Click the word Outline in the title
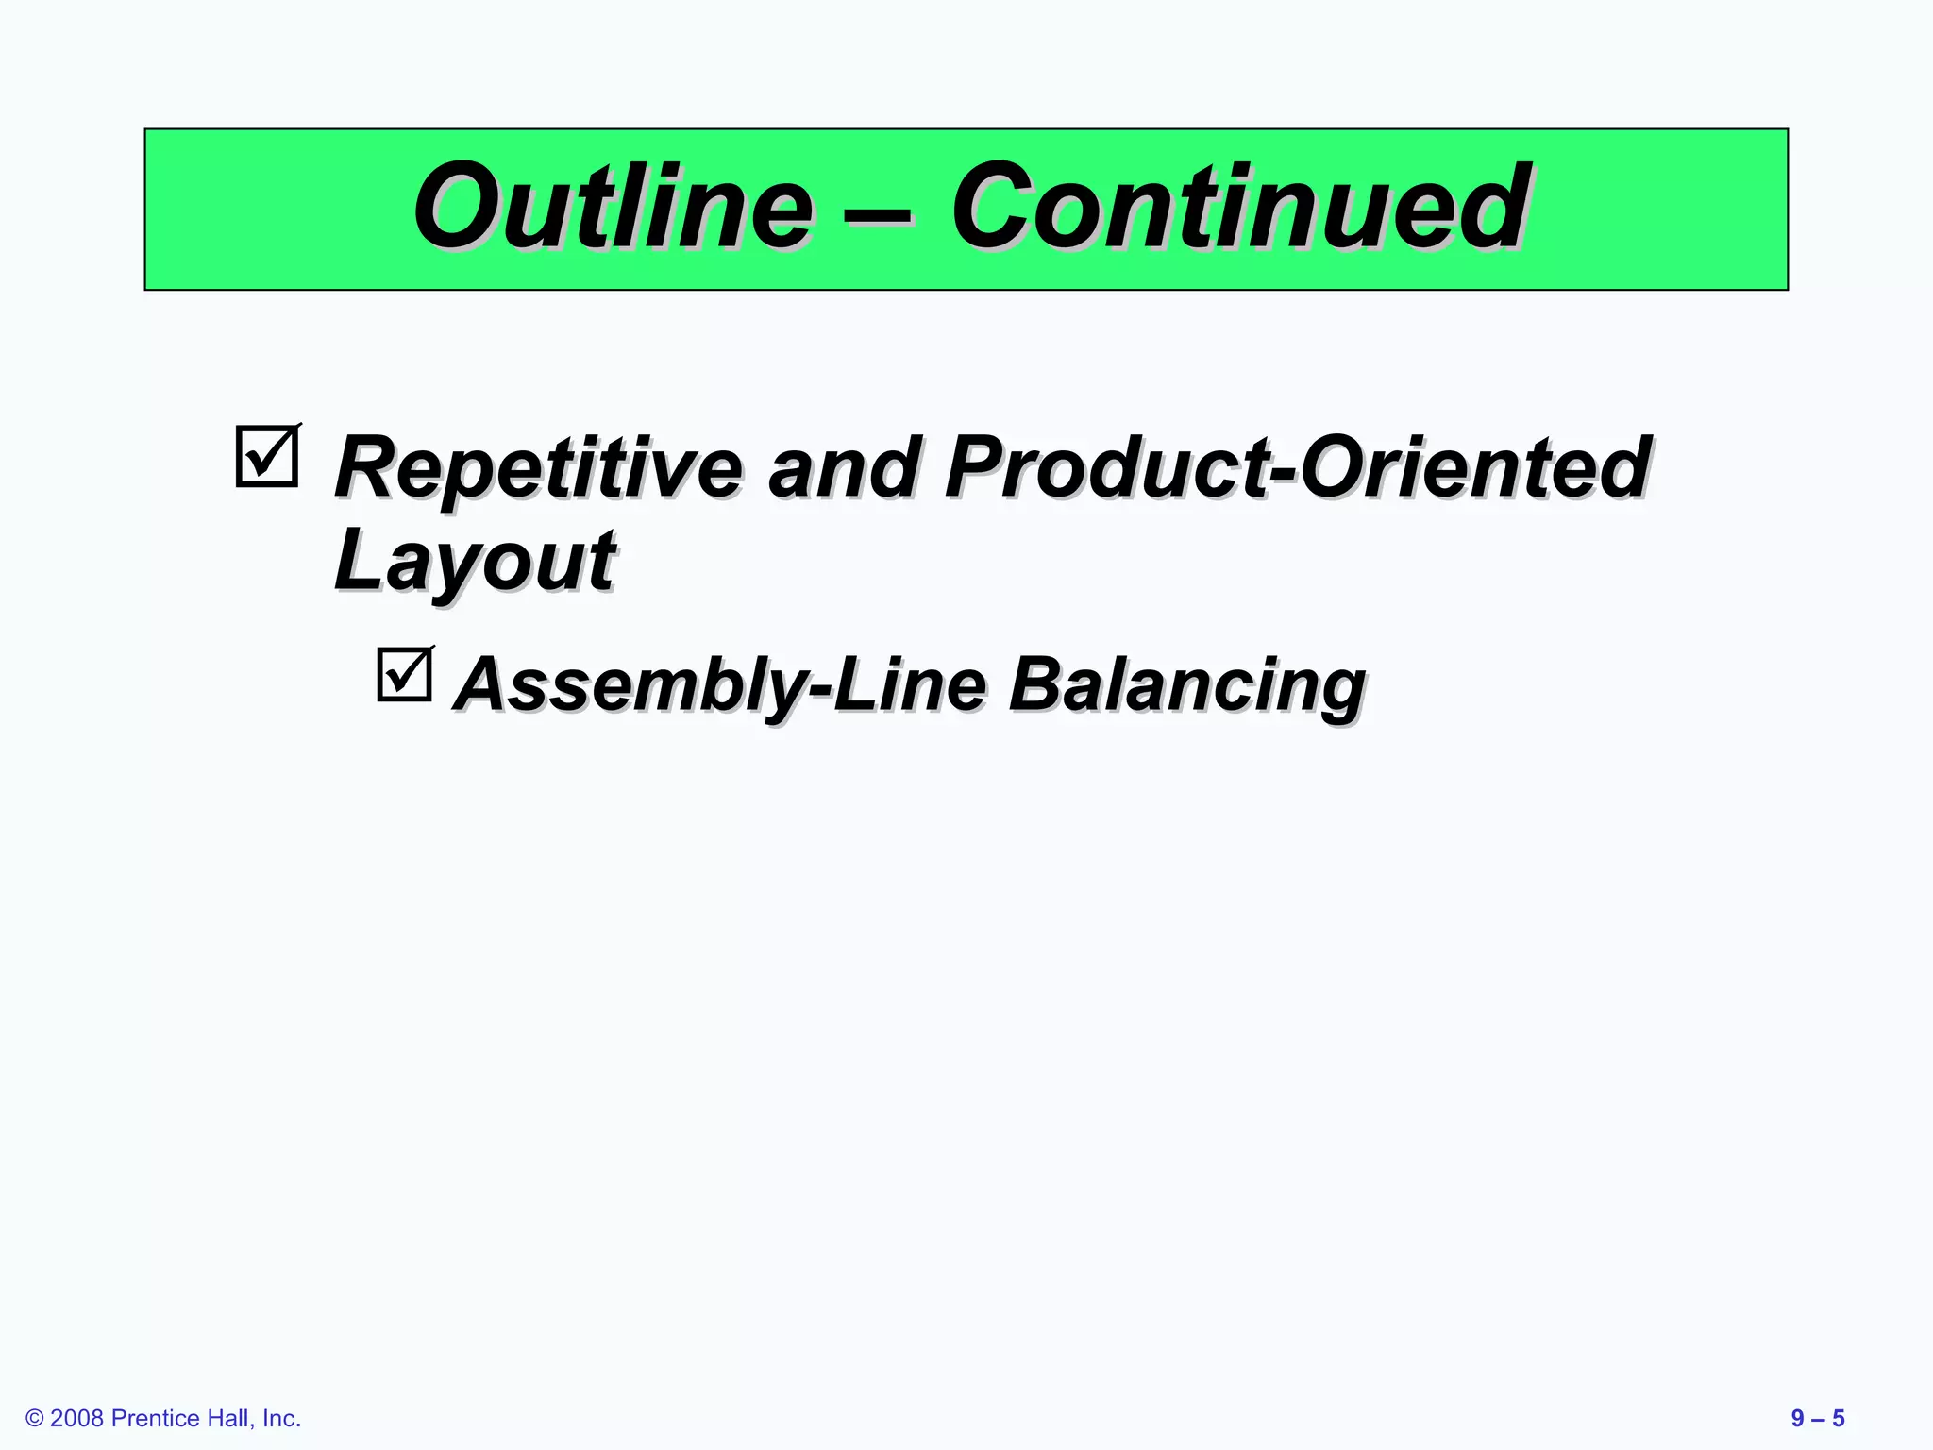(x=613, y=207)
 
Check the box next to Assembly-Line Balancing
(x=405, y=675)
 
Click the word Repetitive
(x=539, y=469)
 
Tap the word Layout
(x=475, y=562)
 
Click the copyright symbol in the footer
(x=35, y=1418)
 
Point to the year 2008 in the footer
(x=76, y=1418)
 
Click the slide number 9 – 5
(x=1817, y=1418)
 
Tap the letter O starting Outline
(x=460, y=207)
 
